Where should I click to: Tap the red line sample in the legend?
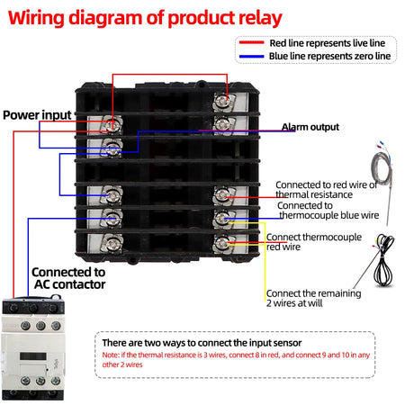(x=251, y=42)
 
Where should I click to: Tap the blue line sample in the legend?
(x=251, y=56)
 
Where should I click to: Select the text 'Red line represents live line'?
(x=330, y=42)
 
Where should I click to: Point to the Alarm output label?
(x=310, y=127)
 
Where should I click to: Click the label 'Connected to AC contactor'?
(x=68, y=277)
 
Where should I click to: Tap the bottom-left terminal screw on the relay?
(x=113, y=240)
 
